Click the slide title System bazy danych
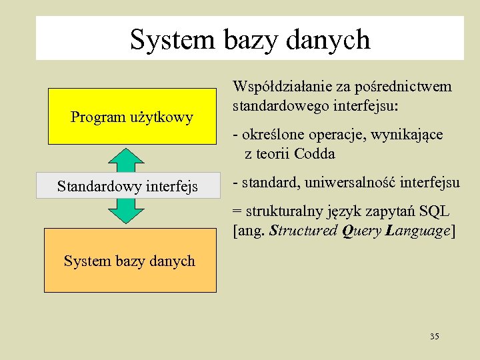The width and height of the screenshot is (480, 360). click(250, 39)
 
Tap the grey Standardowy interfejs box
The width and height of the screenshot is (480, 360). click(127, 186)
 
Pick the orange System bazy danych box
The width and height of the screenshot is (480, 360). click(130, 261)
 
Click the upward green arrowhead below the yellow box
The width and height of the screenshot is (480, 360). click(126, 157)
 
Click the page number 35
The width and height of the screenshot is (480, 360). click(435, 337)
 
